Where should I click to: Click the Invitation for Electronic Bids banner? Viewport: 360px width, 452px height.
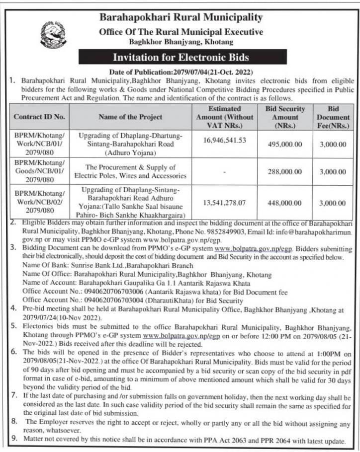[180, 57]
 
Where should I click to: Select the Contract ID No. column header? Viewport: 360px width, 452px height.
[39, 117]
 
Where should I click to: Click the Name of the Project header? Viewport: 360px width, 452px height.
[130, 117]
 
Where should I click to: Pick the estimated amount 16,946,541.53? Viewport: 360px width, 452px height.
[224, 141]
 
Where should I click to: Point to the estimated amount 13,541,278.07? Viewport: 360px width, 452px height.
[224, 203]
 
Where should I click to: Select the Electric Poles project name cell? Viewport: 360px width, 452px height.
[130, 171]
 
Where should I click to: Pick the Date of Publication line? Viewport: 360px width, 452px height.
[180, 73]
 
